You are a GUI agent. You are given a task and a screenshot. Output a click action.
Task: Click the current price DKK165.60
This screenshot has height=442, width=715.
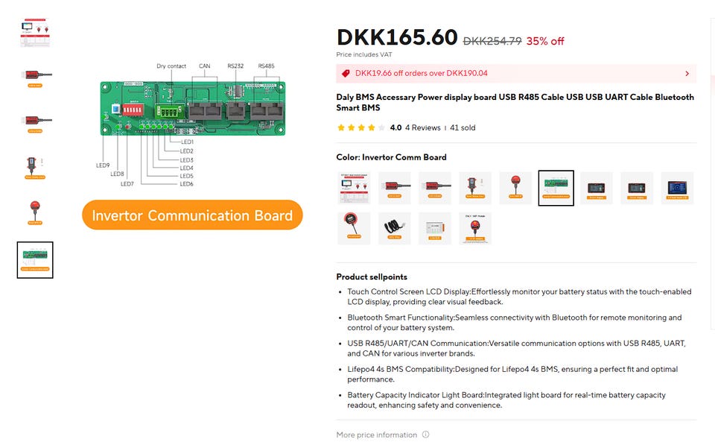(396, 37)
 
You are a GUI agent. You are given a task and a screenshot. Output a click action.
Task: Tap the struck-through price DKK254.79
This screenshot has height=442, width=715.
(492, 41)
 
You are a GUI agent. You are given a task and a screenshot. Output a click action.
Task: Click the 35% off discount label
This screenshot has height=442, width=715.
(545, 41)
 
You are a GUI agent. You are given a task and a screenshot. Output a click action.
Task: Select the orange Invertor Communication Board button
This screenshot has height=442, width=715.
(192, 215)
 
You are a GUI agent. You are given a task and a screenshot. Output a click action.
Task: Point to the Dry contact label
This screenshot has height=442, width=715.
(171, 66)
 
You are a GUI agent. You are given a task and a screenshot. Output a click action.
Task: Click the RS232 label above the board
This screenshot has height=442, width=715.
(235, 66)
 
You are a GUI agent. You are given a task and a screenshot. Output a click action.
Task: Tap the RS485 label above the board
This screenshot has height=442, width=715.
(266, 66)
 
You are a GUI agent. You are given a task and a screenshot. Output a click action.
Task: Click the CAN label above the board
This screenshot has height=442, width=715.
(204, 66)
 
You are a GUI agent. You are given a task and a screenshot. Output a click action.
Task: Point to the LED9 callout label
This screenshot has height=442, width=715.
(103, 165)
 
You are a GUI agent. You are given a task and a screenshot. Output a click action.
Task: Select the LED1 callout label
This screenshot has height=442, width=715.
(186, 142)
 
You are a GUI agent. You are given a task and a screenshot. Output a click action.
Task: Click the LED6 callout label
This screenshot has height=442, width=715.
(186, 184)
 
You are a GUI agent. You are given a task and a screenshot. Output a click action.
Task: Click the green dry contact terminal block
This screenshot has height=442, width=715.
(169, 111)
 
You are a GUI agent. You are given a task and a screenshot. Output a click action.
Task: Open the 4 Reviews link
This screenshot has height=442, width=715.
(422, 127)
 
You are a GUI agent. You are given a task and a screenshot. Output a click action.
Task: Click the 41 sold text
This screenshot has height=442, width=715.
(463, 127)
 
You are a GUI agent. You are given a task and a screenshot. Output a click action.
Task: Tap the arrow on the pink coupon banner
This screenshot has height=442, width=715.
(687, 74)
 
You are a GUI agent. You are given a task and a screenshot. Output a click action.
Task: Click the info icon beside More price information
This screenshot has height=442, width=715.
(426, 435)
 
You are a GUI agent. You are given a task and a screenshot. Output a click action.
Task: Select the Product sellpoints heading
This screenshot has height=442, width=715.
(372, 277)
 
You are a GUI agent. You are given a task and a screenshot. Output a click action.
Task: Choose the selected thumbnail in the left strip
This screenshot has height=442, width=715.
(35, 259)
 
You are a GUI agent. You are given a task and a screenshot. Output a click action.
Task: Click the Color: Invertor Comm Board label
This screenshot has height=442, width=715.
(391, 157)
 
